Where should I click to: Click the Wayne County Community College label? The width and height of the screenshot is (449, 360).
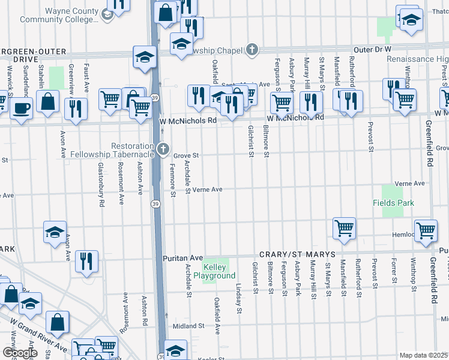pos(58,15)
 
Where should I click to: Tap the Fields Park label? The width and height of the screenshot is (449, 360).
pos(397,203)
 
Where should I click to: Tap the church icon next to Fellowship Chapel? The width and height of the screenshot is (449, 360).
pos(252,50)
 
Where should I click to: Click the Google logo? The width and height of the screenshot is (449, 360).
pos(20,353)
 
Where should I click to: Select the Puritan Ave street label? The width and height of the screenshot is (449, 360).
pos(183,258)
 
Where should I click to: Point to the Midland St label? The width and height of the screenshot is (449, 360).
pos(188,326)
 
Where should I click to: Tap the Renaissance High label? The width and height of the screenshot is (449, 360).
pos(417,59)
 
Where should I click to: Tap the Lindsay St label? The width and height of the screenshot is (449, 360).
pos(239,299)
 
